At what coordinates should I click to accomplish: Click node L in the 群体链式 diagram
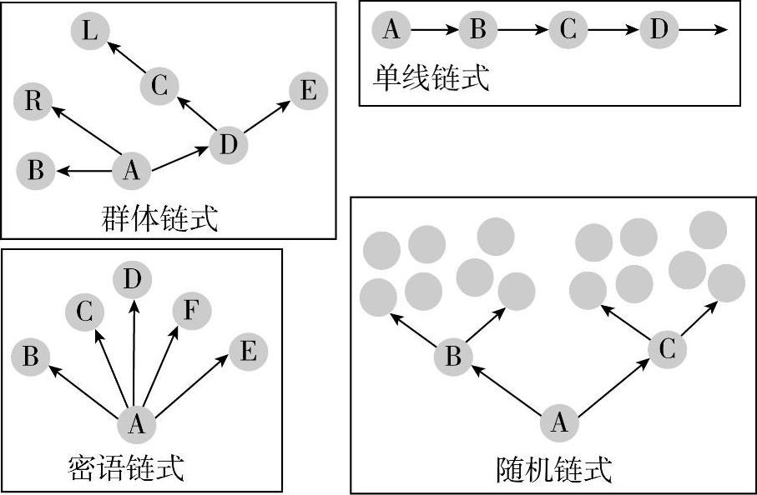click(x=90, y=32)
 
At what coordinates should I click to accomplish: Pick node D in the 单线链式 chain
click(x=659, y=30)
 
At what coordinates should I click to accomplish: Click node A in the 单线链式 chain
click(x=391, y=30)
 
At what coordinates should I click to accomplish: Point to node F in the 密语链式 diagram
click(x=190, y=312)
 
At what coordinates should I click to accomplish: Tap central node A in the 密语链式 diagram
click(x=136, y=425)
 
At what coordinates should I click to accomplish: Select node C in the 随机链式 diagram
click(x=666, y=349)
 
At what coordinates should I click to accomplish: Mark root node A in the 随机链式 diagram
click(x=559, y=422)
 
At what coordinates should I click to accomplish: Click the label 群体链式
click(x=157, y=220)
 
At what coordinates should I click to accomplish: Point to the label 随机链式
click(x=553, y=470)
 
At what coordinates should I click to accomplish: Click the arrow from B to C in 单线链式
click(x=522, y=31)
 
